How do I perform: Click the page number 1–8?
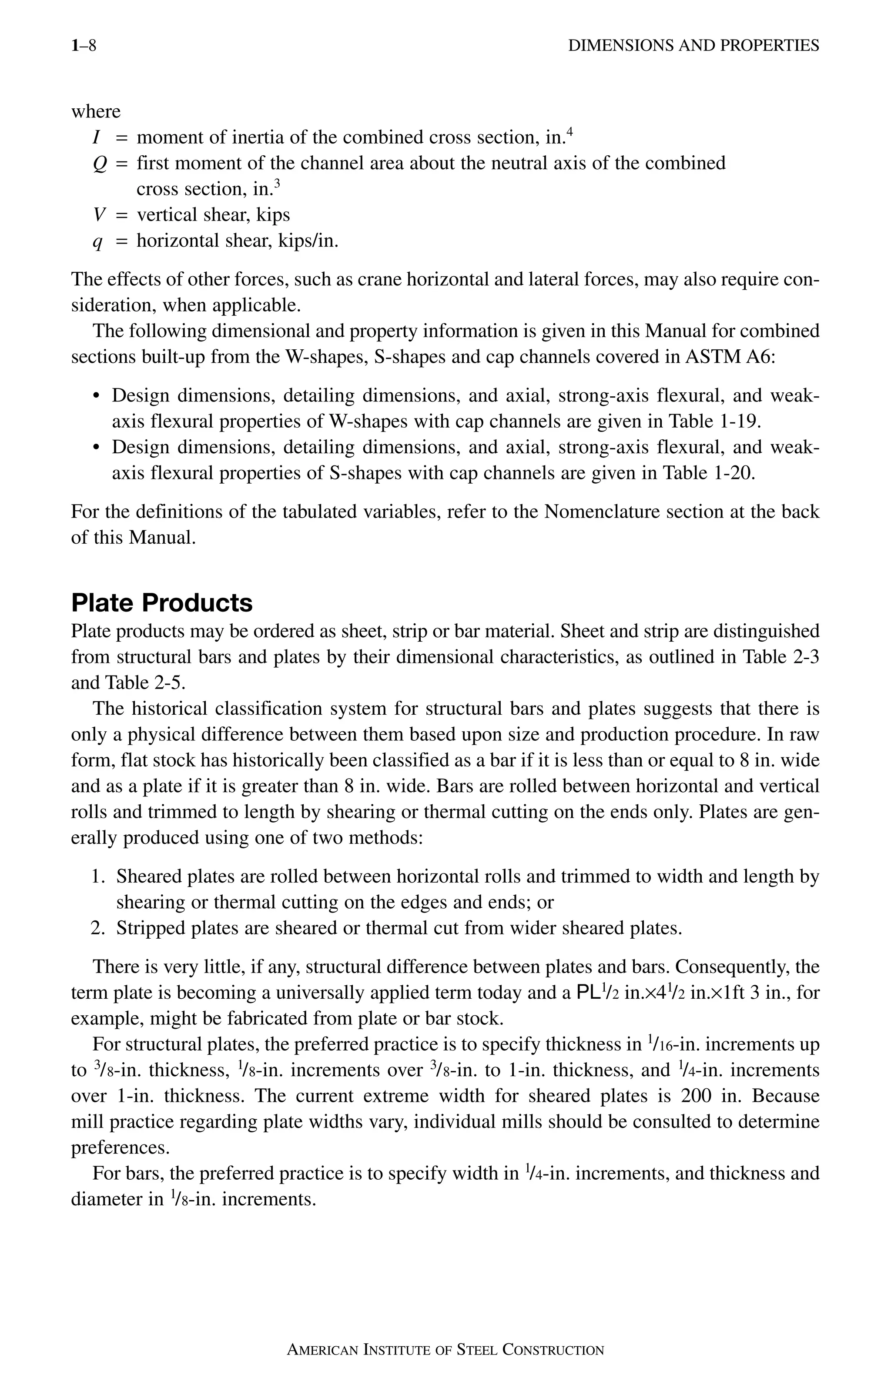pos(83,45)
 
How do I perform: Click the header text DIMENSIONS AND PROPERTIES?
pos(693,45)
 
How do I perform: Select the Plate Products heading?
pos(162,602)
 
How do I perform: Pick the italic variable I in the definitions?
pos(97,137)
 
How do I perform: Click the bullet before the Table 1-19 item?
pos(97,396)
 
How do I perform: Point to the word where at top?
pos(96,111)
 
